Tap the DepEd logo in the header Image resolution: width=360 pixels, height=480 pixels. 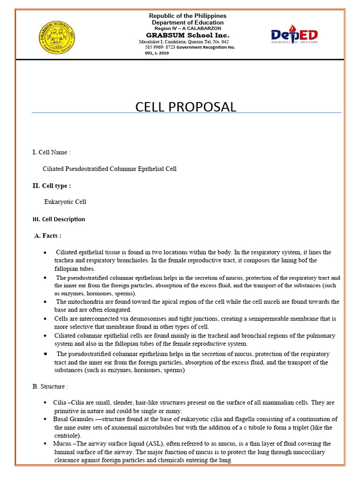(x=294, y=35)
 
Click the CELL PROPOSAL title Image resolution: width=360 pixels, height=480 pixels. (x=186, y=107)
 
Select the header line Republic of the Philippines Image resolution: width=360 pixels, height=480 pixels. (x=187, y=16)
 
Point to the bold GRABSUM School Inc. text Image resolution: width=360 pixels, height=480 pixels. (x=187, y=35)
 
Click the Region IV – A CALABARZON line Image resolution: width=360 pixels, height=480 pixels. (x=187, y=29)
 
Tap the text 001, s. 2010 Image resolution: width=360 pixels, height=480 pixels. (x=157, y=53)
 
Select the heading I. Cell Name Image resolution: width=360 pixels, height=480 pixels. (x=52, y=152)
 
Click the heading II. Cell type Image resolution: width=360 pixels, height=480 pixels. (x=52, y=186)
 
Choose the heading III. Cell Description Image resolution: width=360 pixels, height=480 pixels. (x=59, y=219)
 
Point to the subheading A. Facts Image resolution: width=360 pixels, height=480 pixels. (x=48, y=235)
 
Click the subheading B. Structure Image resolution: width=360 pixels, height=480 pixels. (x=50, y=386)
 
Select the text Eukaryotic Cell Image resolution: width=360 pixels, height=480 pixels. (x=65, y=202)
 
